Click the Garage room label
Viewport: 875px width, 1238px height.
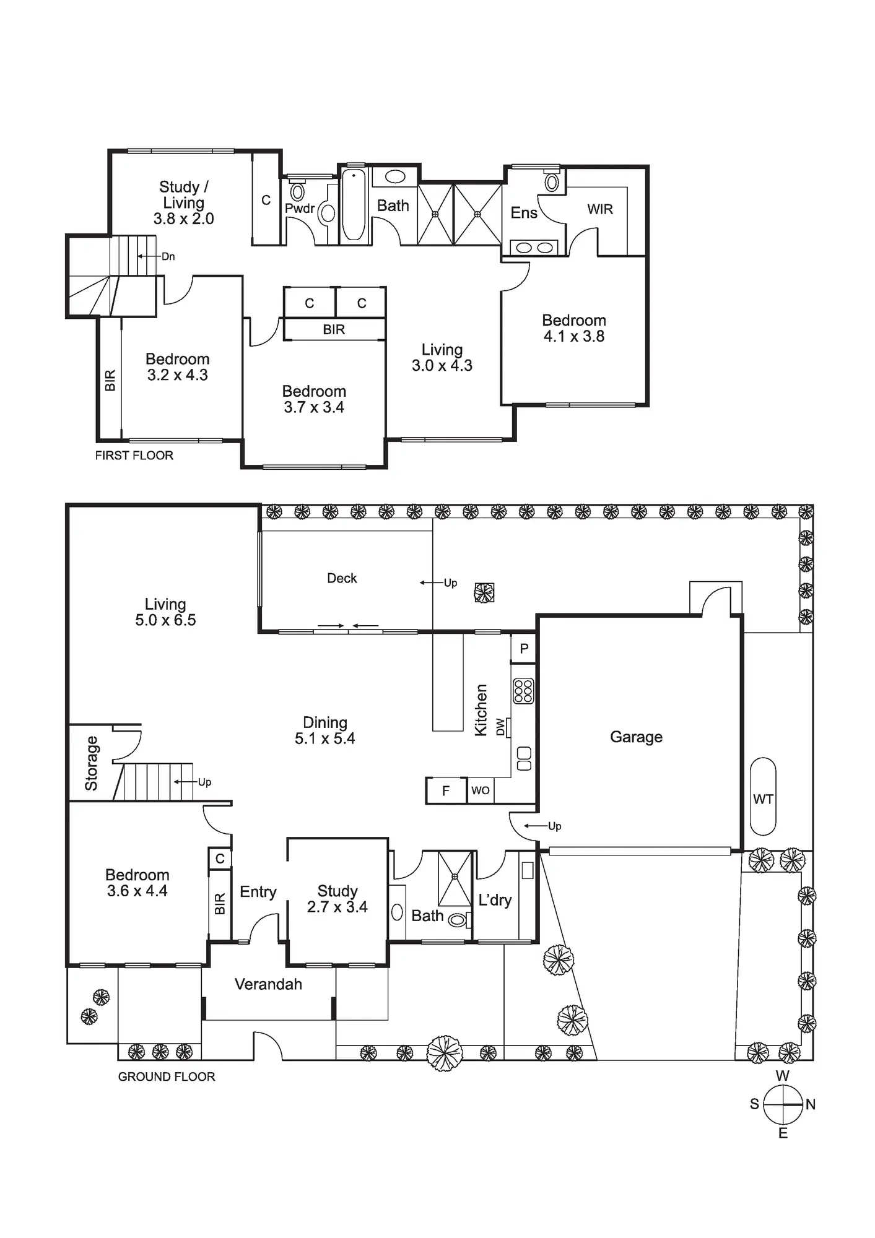636,737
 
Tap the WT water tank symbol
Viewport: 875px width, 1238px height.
763,799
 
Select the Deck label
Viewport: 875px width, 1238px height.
342,578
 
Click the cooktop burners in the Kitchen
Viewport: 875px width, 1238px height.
523,691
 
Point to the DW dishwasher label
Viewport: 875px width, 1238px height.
500,727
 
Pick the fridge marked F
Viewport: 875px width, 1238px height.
446,790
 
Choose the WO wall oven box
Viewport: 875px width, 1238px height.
481,790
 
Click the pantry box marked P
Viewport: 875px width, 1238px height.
524,649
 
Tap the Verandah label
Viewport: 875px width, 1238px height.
268,984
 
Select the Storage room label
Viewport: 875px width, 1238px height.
92,763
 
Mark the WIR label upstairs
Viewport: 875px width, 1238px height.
599,209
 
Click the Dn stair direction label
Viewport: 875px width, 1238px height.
168,256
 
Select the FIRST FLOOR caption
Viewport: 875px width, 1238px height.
134,456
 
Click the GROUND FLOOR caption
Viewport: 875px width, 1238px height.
166,1076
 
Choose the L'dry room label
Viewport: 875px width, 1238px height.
495,900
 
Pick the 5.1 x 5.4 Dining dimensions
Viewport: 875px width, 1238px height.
324,738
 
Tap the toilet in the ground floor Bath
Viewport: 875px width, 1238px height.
458,920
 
